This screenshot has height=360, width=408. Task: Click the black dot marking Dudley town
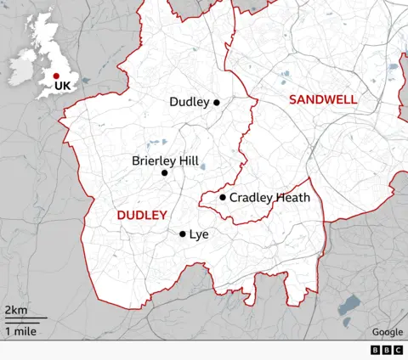217,103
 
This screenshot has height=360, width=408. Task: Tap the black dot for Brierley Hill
165,173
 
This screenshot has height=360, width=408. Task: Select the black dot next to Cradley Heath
223,198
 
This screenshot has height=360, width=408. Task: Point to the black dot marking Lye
182,234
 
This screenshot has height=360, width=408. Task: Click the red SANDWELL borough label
323,100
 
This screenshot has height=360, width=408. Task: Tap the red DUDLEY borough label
141,216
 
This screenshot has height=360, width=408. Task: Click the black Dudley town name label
189,103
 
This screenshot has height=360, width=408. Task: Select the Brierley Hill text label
165,160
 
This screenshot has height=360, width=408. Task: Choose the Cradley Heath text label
269,198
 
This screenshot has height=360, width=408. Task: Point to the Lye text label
198,234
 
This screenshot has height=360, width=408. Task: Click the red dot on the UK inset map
56,76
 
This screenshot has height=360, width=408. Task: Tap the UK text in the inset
62,86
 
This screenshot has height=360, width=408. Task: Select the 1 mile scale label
20,331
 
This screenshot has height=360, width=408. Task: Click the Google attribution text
387,332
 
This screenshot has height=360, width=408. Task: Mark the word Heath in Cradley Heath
292,198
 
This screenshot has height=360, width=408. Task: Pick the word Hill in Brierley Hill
187,160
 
